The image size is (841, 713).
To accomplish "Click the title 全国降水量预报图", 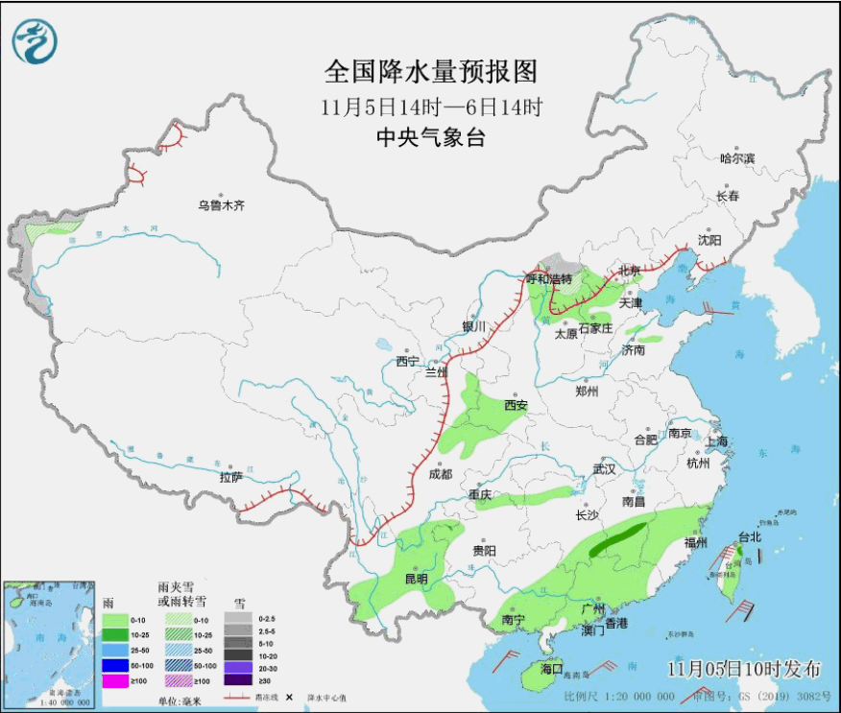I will pos(430,72).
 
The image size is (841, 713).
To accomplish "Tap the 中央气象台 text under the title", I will pos(430,138).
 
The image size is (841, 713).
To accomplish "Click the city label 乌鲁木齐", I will pos(222,205).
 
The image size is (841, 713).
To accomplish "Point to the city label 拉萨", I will pos(230,477).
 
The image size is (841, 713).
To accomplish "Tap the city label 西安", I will pos(516,405).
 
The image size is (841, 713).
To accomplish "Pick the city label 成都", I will pos(440,473).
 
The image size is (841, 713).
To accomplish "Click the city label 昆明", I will pos(416,579).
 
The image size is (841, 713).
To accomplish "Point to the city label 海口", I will pos(551,668).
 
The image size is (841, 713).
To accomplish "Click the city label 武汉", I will pos(603,468).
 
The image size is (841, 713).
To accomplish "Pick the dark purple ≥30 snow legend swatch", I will pos(237,680).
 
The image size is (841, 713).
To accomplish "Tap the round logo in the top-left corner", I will pos(36,40).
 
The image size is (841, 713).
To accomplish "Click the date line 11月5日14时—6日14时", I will pos(430,107).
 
